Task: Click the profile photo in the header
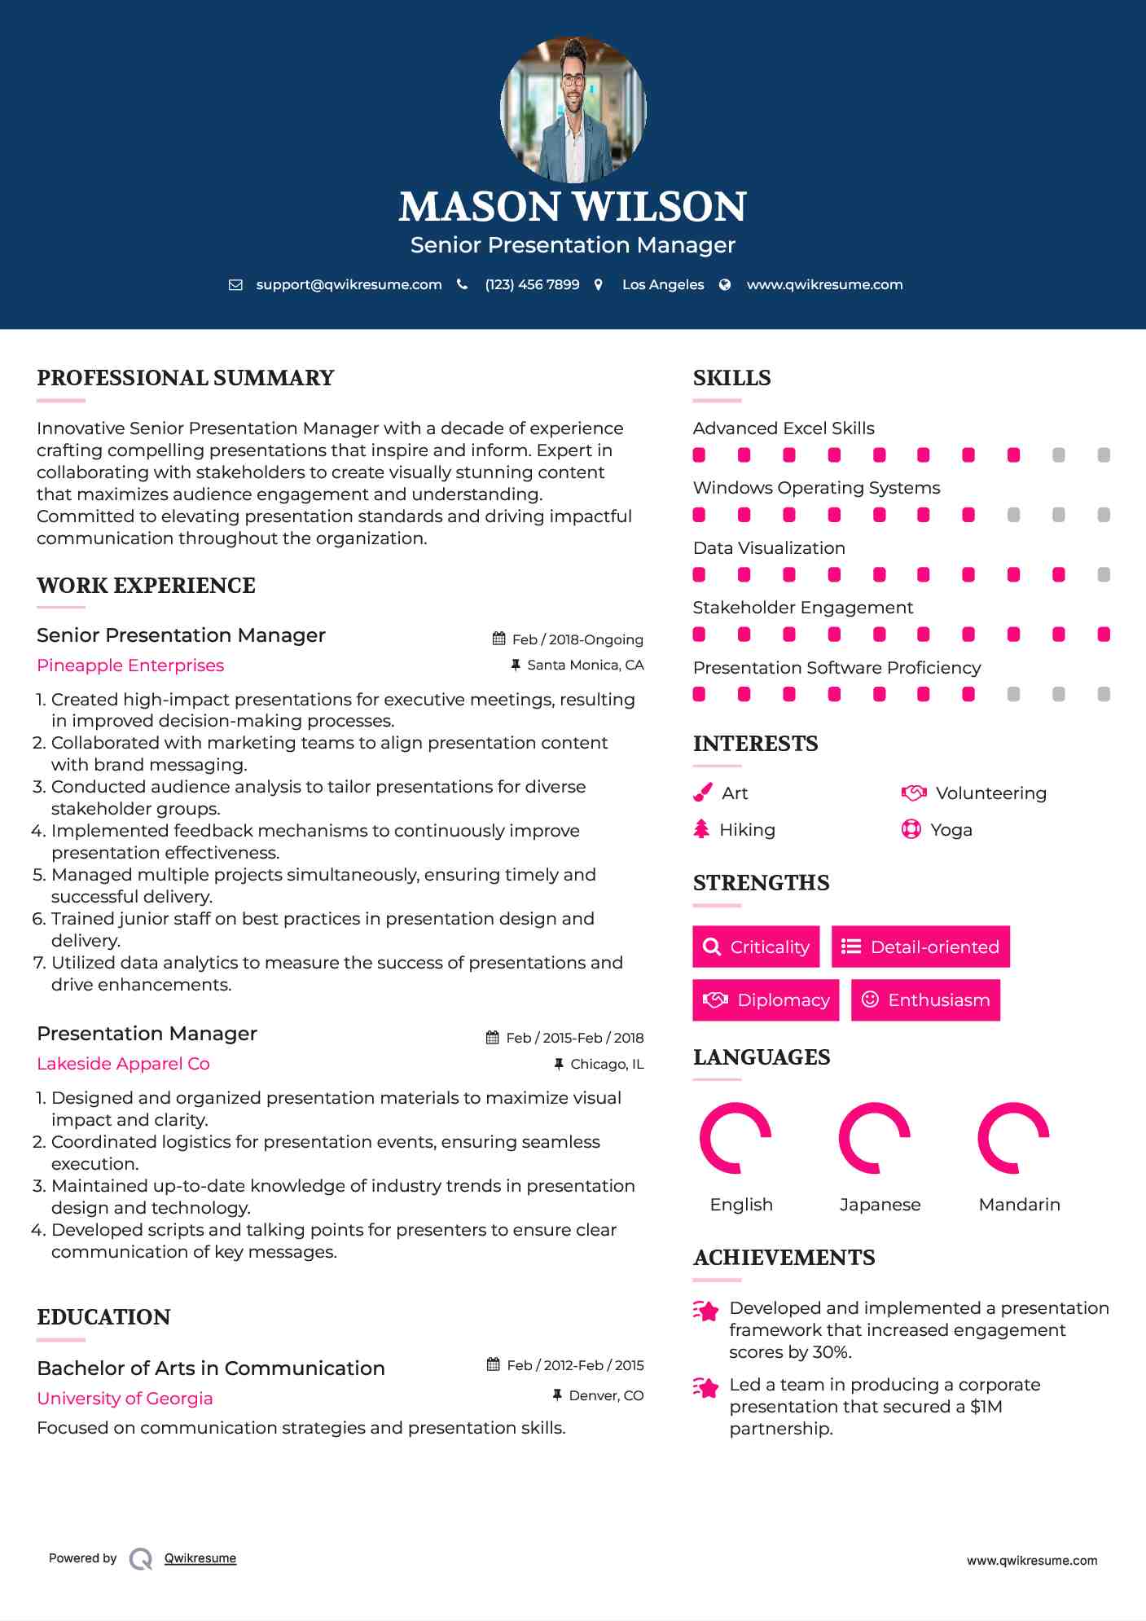pyautogui.click(x=573, y=109)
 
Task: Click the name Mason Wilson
pyautogui.click(x=573, y=207)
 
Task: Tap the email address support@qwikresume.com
pyautogui.click(x=349, y=285)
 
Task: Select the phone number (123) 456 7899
pyautogui.click(x=532, y=285)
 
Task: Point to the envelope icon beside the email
pyautogui.click(x=235, y=285)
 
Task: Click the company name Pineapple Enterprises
pyautogui.click(x=130, y=666)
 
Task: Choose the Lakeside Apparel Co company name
pyautogui.click(x=123, y=1064)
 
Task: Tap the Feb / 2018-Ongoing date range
pyautogui.click(x=577, y=640)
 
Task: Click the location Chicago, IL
pyautogui.click(x=607, y=1065)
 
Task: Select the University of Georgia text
pyautogui.click(x=125, y=1399)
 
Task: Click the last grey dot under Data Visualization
pyautogui.click(x=1104, y=575)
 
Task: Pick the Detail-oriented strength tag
pyautogui.click(x=920, y=947)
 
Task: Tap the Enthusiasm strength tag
pyautogui.click(x=925, y=999)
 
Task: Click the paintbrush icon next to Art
pyautogui.click(x=702, y=793)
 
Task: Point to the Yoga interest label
pyautogui.click(x=951, y=830)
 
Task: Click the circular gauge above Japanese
pyautogui.click(x=875, y=1138)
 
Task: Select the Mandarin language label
pyautogui.click(x=1019, y=1205)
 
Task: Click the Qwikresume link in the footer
pyautogui.click(x=200, y=1558)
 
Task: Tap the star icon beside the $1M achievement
pyautogui.click(x=706, y=1387)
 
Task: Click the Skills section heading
pyautogui.click(x=731, y=378)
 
